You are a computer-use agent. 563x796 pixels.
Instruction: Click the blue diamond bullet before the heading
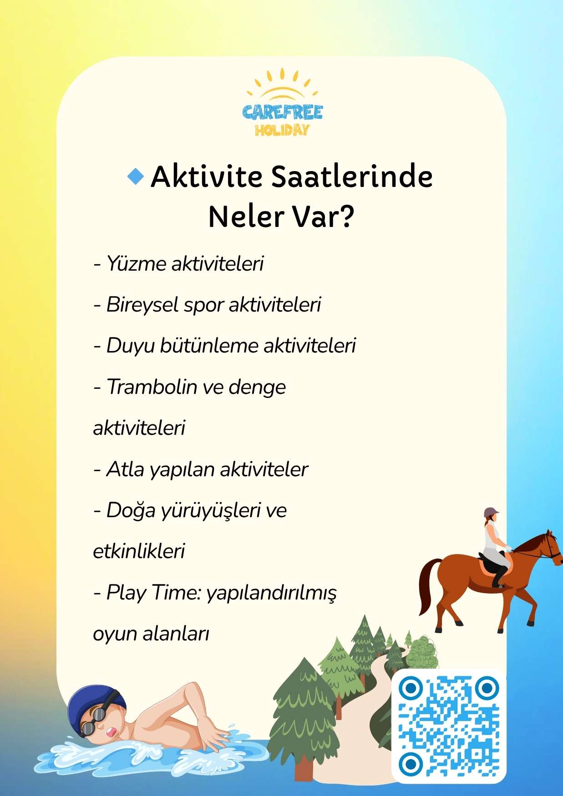(x=135, y=176)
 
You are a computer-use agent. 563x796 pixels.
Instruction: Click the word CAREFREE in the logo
(x=282, y=112)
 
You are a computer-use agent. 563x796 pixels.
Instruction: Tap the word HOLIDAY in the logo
(x=282, y=131)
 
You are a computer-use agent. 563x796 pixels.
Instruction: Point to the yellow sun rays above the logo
(x=282, y=82)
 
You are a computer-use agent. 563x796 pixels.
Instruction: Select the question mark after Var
(x=346, y=217)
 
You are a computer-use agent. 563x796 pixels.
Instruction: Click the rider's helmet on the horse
(x=491, y=512)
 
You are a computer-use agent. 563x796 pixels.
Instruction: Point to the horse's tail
(x=427, y=587)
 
